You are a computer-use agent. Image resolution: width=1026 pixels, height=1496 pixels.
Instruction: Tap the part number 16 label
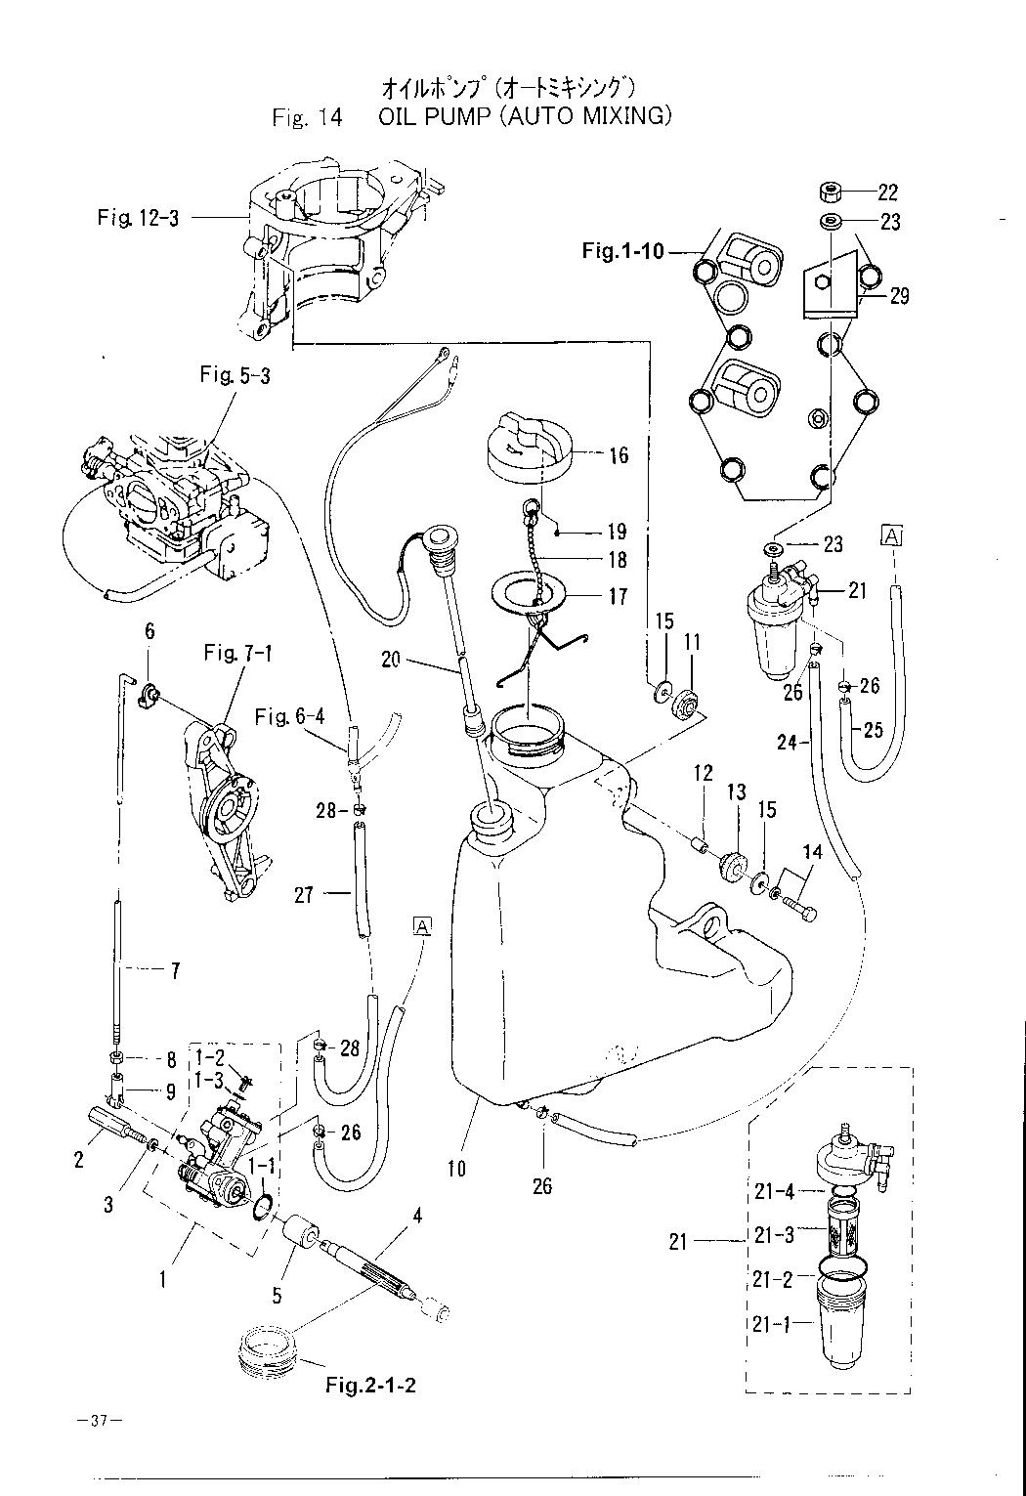point(618,455)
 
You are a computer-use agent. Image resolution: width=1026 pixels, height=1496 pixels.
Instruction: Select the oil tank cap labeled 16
point(524,448)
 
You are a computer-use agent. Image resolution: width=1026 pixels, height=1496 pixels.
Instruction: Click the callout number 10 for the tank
point(457,1167)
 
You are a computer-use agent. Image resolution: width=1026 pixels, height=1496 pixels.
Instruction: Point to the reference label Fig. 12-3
point(138,217)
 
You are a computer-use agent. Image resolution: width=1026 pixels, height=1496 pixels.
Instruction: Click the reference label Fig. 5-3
point(235,375)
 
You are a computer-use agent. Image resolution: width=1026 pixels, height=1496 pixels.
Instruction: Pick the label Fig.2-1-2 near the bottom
point(371,1386)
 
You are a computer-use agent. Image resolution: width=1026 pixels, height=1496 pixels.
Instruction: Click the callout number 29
point(899,295)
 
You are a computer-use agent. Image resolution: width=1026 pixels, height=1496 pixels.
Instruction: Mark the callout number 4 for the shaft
point(417,1217)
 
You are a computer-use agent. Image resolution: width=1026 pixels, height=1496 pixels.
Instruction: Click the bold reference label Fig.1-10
point(622,251)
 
